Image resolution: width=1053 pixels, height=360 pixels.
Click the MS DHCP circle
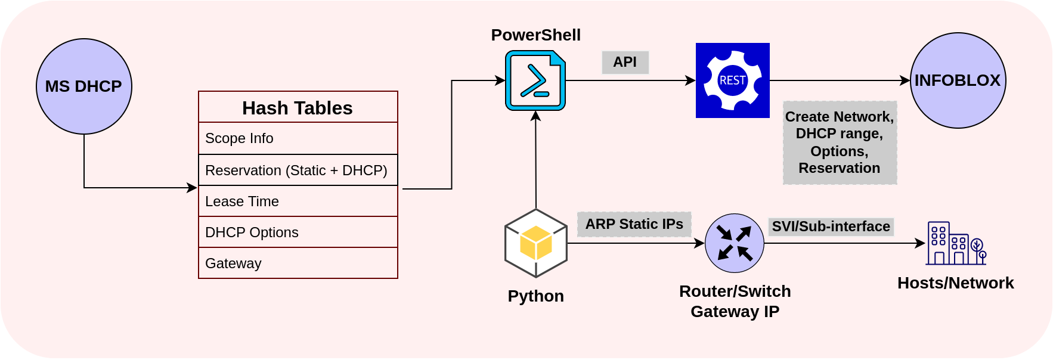[x=83, y=86]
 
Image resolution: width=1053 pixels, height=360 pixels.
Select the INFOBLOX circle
[x=958, y=80]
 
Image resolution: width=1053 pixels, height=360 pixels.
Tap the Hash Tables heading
[x=298, y=108]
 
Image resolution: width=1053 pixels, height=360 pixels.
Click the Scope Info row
[x=298, y=138]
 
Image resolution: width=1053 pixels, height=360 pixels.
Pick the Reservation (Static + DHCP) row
[x=298, y=170]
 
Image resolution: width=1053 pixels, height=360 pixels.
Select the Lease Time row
[x=298, y=201]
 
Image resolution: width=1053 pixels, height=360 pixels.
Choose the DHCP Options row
[x=298, y=232]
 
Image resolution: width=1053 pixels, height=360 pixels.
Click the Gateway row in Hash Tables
[x=298, y=263]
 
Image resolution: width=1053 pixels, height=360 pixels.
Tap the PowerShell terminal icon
[x=535, y=80]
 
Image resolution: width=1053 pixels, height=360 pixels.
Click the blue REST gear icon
[x=732, y=80]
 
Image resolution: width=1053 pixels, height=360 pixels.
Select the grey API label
[x=625, y=62]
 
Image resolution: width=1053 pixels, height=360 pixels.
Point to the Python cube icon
[x=535, y=243]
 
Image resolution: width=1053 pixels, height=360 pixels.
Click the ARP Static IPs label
[x=634, y=224]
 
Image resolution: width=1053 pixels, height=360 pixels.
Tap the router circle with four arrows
[x=734, y=243]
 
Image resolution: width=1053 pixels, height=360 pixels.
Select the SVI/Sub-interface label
[x=831, y=226]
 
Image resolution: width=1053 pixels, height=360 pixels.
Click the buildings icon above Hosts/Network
[x=956, y=243]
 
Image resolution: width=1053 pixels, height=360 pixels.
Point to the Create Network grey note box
[x=840, y=142]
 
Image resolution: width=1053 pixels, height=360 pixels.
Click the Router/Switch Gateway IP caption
[x=735, y=301]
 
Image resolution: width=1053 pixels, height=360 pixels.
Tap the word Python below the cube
[x=535, y=296]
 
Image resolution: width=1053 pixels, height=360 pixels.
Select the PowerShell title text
[x=535, y=35]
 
